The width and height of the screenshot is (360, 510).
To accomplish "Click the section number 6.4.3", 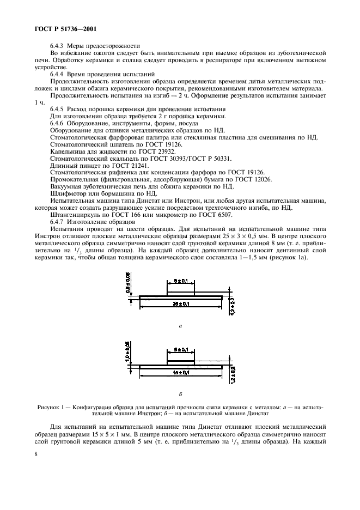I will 57,46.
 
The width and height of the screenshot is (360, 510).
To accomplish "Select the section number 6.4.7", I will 57,222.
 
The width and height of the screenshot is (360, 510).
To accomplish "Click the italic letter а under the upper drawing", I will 180,325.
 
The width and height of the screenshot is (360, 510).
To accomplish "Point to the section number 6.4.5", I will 57,108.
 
